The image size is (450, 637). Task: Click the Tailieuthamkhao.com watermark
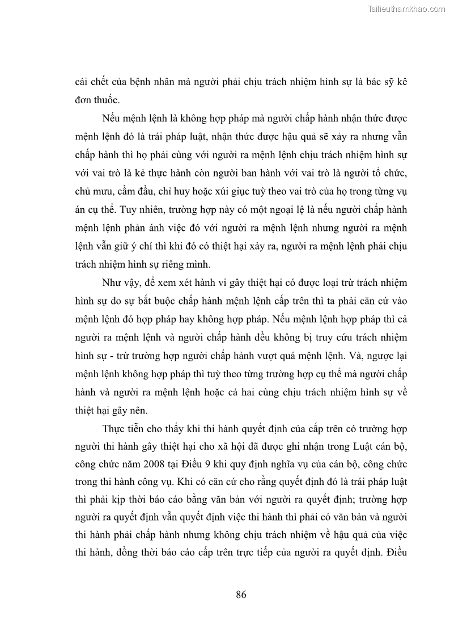pyautogui.click(x=406, y=9)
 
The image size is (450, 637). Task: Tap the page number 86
pyautogui.click(x=241, y=594)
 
